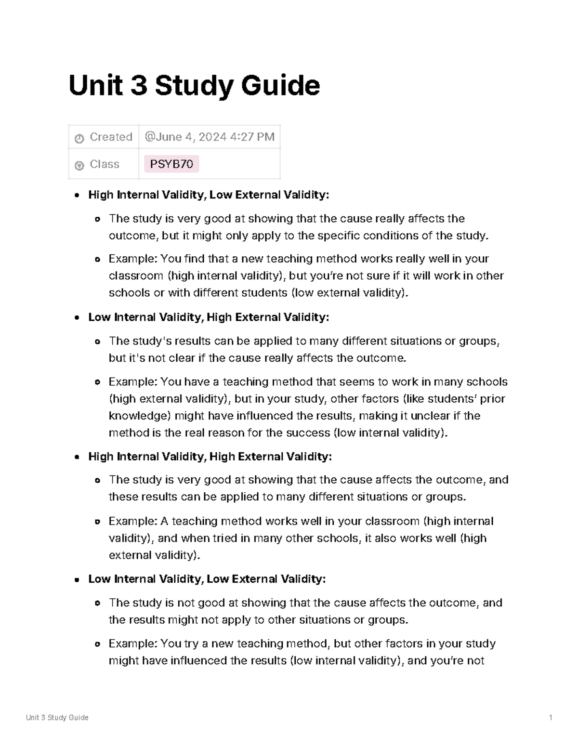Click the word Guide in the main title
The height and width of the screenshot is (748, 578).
[280, 86]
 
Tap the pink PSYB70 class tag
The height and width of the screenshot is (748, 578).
[171, 164]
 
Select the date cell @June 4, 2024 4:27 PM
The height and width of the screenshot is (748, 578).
[210, 137]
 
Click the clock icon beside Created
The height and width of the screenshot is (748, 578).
[79, 139]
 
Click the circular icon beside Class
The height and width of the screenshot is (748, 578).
[79, 165]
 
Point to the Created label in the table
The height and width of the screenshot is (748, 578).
[111, 137]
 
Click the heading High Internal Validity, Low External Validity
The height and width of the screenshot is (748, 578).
[209, 195]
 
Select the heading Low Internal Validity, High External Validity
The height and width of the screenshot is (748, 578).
[209, 317]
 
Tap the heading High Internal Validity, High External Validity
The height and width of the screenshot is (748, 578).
[210, 457]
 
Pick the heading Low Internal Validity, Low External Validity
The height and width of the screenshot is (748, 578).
[207, 579]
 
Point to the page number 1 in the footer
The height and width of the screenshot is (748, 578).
[551, 718]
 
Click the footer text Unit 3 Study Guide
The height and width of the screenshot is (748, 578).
[57, 718]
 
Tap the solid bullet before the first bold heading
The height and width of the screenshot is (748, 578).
[77, 196]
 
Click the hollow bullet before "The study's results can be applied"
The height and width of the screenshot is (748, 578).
[98, 342]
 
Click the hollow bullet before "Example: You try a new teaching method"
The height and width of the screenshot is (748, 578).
[98, 644]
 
